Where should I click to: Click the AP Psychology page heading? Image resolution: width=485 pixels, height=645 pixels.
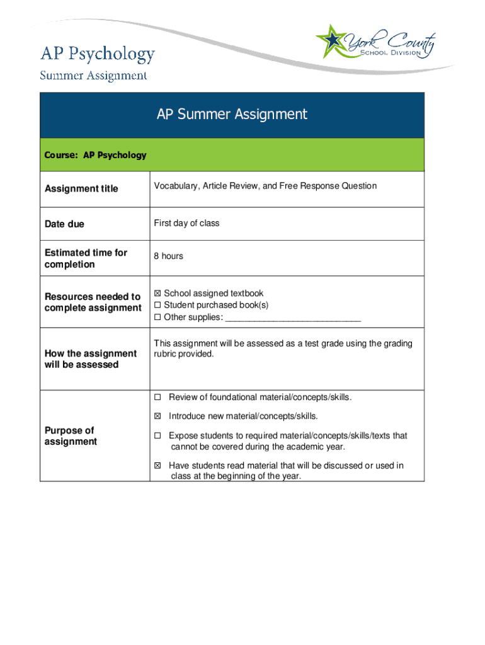(97, 54)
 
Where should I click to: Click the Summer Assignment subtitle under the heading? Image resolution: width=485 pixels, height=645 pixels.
(93, 76)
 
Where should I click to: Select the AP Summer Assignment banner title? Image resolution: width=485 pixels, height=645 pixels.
(232, 114)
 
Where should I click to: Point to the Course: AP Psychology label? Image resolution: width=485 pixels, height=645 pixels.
(95, 155)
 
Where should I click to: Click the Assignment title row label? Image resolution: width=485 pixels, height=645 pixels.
(81, 188)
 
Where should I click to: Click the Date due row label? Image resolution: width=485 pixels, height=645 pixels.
(64, 224)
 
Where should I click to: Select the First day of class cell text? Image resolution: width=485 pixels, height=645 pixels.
(186, 224)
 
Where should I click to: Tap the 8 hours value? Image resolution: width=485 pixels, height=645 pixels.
(169, 256)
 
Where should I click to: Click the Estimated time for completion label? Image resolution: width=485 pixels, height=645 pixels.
(86, 258)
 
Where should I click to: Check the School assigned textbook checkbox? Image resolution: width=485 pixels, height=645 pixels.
(157, 294)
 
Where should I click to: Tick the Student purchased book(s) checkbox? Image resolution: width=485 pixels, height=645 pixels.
(157, 305)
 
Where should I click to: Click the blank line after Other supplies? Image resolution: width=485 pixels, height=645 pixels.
(293, 317)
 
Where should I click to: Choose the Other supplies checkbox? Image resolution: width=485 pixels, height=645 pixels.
(157, 317)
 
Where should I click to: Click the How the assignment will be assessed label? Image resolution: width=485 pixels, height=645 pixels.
(90, 359)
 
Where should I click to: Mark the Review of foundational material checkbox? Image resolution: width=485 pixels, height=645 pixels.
(157, 397)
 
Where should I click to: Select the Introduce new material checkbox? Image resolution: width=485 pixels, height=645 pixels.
(157, 416)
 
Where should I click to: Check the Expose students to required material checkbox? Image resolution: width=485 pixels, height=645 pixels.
(157, 436)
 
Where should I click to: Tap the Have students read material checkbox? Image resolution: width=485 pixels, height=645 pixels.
(157, 466)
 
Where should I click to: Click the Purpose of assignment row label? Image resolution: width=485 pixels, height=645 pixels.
(71, 436)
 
